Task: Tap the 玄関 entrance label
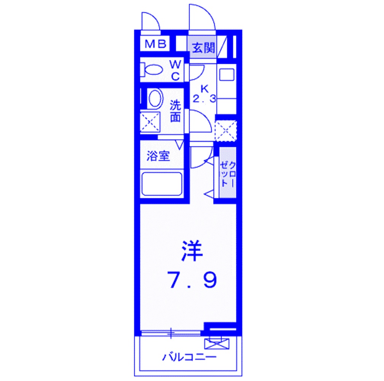click(203, 48)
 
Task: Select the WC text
click(175, 70)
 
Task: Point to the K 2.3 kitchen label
click(205, 94)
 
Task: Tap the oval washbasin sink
click(155, 98)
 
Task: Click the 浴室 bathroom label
click(158, 156)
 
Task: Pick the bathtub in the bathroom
click(162, 184)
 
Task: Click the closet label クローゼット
click(227, 174)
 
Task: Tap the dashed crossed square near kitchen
click(226, 131)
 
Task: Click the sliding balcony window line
click(171, 333)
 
